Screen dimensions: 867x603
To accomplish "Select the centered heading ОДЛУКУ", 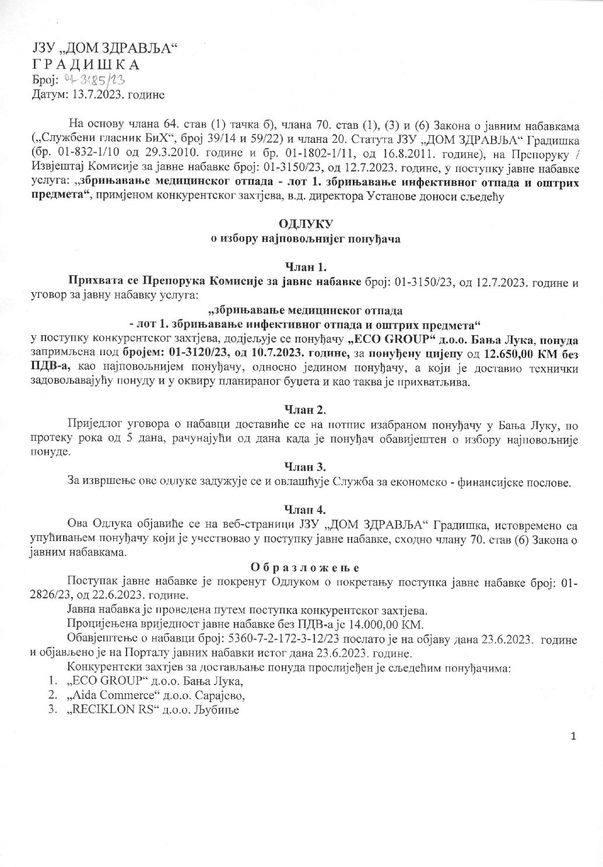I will coord(301,224).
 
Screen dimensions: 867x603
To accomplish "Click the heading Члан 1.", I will coord(301,268).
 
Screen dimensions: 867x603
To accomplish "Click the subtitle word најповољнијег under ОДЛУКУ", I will coord(298,239).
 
